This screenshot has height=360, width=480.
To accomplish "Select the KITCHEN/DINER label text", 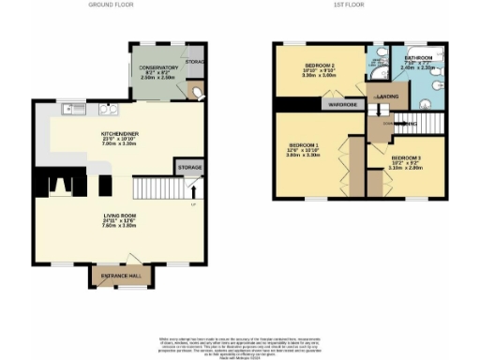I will pyautogui.click(x=120, y=134).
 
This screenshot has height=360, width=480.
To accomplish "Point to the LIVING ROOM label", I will pyautogui.click(x=120, y=216).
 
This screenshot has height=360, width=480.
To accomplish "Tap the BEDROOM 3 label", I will pyautogui.click(x=407, y=157).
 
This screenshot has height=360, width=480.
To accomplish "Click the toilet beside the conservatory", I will pyautogui.click(x=193, y=91).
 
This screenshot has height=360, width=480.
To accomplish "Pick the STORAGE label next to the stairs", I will pyautogui.click(x=188, y=168).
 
